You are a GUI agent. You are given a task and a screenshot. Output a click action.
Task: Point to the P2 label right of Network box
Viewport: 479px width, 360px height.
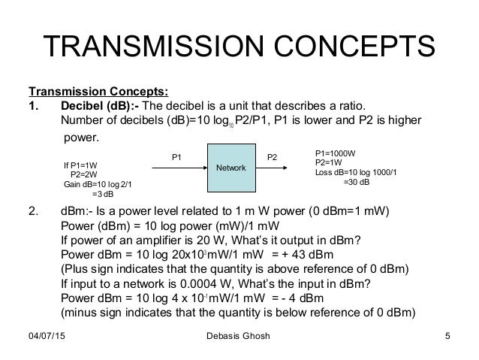click(x=272, y=157)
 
